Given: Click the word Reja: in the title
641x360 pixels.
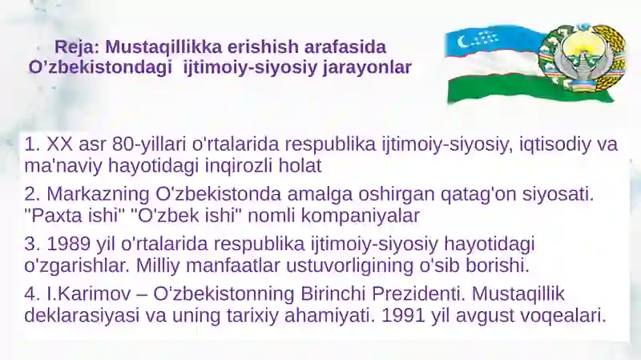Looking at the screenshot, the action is (x=77, y=47).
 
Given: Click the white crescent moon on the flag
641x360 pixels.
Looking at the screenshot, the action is (x=462, y=41).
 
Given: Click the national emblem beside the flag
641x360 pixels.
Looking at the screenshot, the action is (x=583, y=58).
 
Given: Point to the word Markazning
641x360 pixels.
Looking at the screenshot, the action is (x=98, y=194).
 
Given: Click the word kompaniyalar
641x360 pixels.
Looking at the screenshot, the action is (x=360, y=216).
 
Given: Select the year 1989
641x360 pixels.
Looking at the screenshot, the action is (x=69, y=245).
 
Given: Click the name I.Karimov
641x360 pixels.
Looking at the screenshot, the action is (x=89, y=294).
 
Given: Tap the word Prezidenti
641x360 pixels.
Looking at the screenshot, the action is (x=418, y=294).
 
